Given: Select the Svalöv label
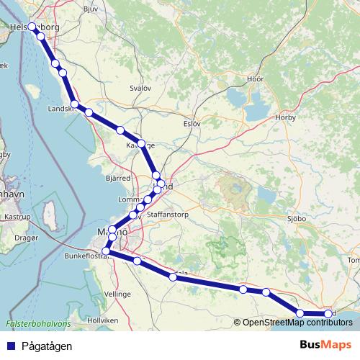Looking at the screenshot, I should point(140,88).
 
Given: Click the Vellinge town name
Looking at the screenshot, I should point(117,294).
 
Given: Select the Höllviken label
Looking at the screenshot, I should point(102,319).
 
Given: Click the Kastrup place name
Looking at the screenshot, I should point(17,216).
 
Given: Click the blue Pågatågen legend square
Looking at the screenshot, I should point(10,346).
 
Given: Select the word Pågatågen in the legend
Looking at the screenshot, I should point(46,346).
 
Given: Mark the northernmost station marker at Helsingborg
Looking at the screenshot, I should point(32,27).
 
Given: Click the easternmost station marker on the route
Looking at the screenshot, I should point(329,314).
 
